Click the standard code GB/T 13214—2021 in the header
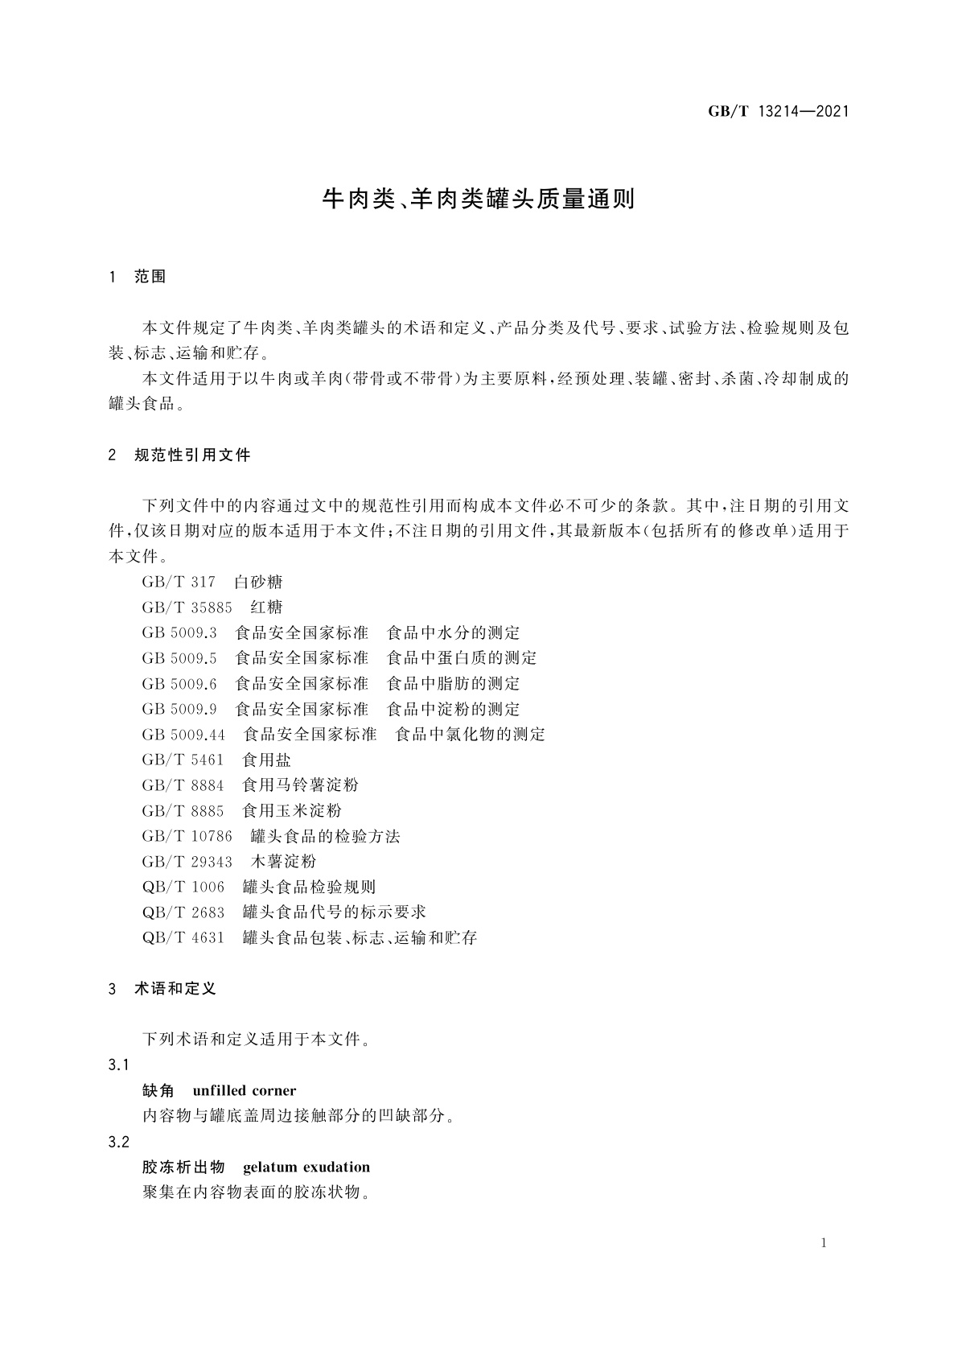tap(779, 111)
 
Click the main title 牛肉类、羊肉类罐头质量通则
tap(479, 199)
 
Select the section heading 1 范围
tap(137, 277)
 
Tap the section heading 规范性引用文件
tap(193, 455)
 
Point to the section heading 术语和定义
tap(175, 989)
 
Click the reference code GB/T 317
tap(179, 582)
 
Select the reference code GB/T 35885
tap(187, 607)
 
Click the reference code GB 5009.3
tap(179, 633)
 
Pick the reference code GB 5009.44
tap(183, 735)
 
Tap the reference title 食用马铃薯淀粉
tap(300, 785)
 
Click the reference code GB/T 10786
tap(187, 836)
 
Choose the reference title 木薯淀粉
tap(283, 862)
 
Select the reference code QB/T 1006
tap(183, 888)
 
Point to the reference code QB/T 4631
tap(183, 938)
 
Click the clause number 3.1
tap(118, 1065)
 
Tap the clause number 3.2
tap(118, 1142)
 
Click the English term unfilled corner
tap(245, 1091)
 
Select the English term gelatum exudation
tap(306, 1168)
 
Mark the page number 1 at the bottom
tap(824, 1243)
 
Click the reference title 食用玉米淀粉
tap(292, 811)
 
